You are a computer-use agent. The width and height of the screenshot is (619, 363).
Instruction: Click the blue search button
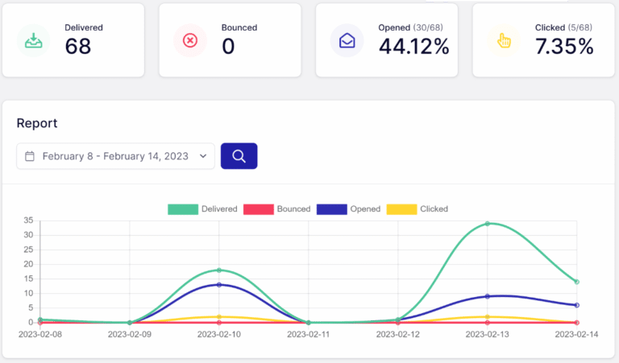[x=239, y=156]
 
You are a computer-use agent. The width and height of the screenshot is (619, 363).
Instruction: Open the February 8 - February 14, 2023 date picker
[x=116, y=156]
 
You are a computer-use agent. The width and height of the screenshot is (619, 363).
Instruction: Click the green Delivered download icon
[x=34, y=39]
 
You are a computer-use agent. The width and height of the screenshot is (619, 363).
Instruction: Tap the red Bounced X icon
[x=190, y=39]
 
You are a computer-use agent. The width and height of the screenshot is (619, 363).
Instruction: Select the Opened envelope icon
[x=347, y=39]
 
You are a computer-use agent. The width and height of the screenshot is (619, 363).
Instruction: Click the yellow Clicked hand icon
[x=504, y=39]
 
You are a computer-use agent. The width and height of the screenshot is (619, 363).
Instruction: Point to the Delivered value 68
[x=78, y=47]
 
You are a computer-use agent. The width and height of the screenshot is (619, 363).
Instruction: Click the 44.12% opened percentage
[x=413, y=47]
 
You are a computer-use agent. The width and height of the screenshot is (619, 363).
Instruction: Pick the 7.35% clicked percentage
[x=564, y=47]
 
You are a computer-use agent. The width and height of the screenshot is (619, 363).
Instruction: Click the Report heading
[x=37, y=123]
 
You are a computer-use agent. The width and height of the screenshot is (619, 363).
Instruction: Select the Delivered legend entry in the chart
[x=202, y=209]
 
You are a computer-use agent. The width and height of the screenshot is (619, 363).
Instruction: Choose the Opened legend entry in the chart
[x=348, y=209]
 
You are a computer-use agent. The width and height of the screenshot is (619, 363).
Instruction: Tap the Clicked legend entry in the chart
[x=417, y=209]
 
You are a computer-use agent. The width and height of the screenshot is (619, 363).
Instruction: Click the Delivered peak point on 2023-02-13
[x=487, y=224]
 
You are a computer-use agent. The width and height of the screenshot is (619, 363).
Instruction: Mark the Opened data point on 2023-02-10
[x=218, y=285]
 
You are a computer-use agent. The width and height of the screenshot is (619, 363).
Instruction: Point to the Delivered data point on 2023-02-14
[x=576, y=282]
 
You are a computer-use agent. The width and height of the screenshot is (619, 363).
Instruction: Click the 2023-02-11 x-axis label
[x=308, y=334]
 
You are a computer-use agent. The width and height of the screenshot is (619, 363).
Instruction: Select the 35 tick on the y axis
[x=27, y=221]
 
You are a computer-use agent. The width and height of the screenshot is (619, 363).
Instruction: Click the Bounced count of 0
[x=228, y=47]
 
